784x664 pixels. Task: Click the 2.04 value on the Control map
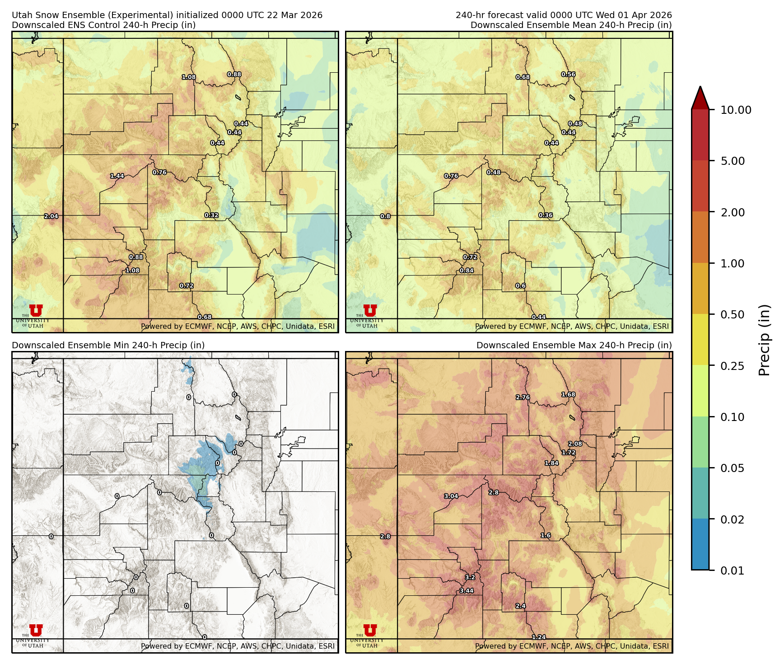51,216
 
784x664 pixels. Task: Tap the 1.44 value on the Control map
117,176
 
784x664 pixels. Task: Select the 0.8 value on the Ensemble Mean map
385,216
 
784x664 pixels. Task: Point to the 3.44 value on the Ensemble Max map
467,591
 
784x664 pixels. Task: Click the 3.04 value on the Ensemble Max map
451,496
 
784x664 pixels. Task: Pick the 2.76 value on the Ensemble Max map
523,397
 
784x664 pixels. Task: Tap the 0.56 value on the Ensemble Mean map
568,75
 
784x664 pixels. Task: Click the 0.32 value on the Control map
211,215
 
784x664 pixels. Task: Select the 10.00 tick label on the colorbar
736,110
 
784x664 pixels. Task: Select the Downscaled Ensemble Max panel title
574,346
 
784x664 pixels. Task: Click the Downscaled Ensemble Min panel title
108,346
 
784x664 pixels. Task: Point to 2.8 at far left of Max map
385,537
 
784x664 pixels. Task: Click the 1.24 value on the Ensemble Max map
538,637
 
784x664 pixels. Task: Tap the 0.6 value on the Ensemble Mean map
521,286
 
